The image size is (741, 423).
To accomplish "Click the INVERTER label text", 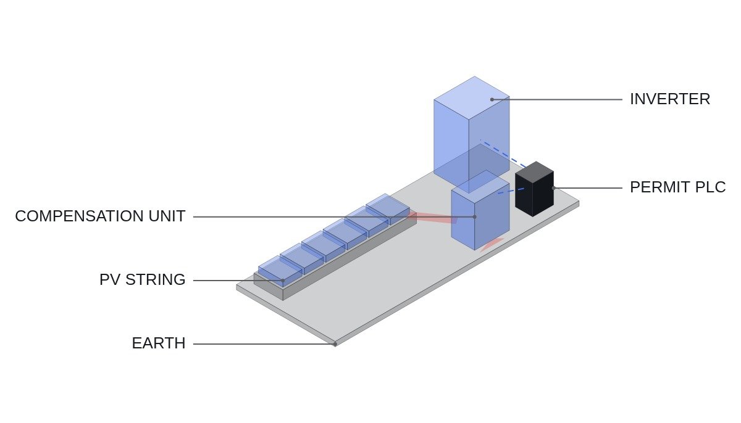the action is (670, 99).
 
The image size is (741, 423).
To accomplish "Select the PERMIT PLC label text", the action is (678, 187).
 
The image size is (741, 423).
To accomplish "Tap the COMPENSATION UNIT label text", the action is (100, 216).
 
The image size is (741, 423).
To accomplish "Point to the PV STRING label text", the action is (142, 280).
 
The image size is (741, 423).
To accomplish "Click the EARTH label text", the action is (159, 343).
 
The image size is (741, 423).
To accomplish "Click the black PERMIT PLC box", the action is (534, 189).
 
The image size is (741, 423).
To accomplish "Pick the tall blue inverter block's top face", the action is (472, 97).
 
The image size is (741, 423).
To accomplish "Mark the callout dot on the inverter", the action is (492, 99).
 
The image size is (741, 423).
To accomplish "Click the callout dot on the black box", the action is (553, 188).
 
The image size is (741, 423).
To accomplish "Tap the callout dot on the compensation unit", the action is (475, 217).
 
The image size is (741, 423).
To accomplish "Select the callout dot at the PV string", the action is (283, 281).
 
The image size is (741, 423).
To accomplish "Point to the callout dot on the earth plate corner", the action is (335, 345).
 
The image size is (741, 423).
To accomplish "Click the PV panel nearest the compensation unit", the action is (388, 208).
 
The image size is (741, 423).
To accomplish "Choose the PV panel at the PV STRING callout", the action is (280, 271).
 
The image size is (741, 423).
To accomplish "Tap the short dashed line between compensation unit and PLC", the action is (511, 191).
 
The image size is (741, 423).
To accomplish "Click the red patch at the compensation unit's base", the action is (492, 245).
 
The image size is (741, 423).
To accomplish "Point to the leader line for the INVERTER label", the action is (557, 99).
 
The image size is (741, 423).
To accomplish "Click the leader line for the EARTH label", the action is (264, 344).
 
